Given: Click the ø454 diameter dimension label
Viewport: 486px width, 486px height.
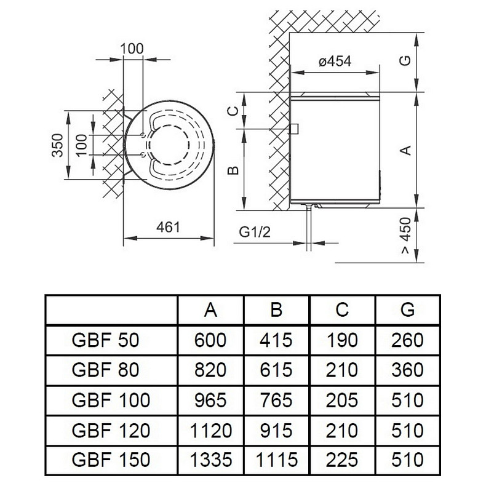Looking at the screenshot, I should click(335, 62).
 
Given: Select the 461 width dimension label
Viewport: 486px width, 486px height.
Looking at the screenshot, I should click(168, 227).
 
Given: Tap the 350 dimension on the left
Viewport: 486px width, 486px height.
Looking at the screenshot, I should click(58, 145).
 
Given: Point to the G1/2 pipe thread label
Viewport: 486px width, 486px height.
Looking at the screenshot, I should click(254, 233).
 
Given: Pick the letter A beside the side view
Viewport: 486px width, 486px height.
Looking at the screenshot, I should click(405, 149).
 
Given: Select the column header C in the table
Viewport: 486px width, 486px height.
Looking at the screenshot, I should click(342, 309).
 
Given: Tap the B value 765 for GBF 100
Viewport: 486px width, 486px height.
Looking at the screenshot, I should click(276, 400).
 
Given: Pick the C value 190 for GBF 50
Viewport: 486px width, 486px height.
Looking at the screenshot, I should click(342, 340).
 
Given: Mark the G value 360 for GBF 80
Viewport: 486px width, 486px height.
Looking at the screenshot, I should click(407, 370).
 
